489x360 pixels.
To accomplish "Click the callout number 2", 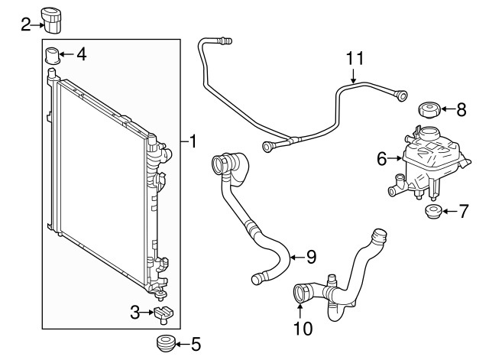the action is pyautogui.click(x=26, y=24).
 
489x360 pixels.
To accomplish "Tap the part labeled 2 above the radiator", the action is pyautogui.click(x=51, y=20).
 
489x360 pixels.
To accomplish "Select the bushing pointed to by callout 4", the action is pyautogui.click(x=53, y=56).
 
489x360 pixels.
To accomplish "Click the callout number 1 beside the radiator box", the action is pyautogui.click(x=193, y=141).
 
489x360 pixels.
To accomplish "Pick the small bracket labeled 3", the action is pyautogui.click(x=164, y=314).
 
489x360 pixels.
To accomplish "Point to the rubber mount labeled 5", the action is pyautogui.click(x=166, y=343).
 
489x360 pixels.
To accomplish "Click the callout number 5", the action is pyautogui.click(x=196, y=345).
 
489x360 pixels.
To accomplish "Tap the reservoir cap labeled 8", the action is pyautogui.click(x=429, y=110).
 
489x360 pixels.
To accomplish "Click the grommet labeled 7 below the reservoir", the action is pyautogui.click(x=433, y=211).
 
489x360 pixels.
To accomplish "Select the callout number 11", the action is pyautogui.click(x=355, y=58).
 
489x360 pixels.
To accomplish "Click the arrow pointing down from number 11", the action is pyautogui.click(x=353, y=76).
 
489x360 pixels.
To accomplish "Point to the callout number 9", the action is pyautogui.click(x=312, y=257).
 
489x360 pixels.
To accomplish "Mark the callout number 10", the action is pyautogui.click(x=303, y=328).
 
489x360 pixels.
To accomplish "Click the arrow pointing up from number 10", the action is pyautogui.click(x=300, y=312).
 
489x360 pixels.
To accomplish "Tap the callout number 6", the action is pyautogui.click(x=382, y=159).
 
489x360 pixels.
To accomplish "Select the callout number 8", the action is pyautogui.click(x=461, y=109).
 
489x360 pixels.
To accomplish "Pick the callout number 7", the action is pyautogui.click(x=464, y=211).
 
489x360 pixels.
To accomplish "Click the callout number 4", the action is pyautogui.click(x=82, y=54).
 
